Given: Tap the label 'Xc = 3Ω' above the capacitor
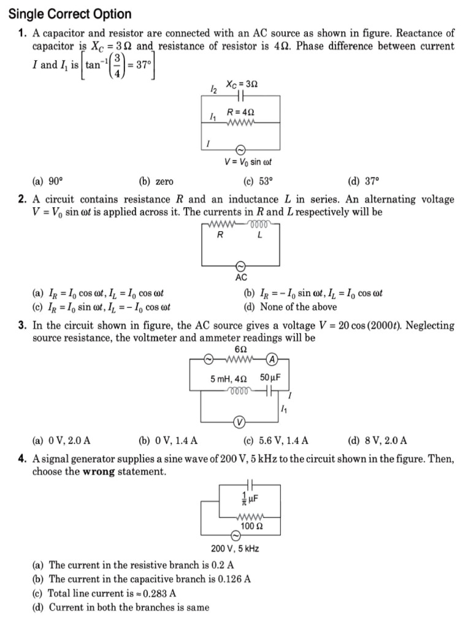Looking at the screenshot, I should [241, 84].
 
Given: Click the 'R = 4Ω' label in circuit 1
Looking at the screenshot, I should [240, 113].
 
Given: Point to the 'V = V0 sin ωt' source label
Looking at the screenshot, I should [248, 163].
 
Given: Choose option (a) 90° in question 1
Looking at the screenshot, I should [48, 182].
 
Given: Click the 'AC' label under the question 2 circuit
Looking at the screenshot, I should [241, 278].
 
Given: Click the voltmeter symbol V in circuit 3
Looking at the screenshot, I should [240, 422].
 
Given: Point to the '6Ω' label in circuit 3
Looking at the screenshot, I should [241, 348].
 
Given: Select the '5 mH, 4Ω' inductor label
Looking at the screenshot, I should [229, 380].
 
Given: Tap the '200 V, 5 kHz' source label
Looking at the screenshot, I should [235, 549].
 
